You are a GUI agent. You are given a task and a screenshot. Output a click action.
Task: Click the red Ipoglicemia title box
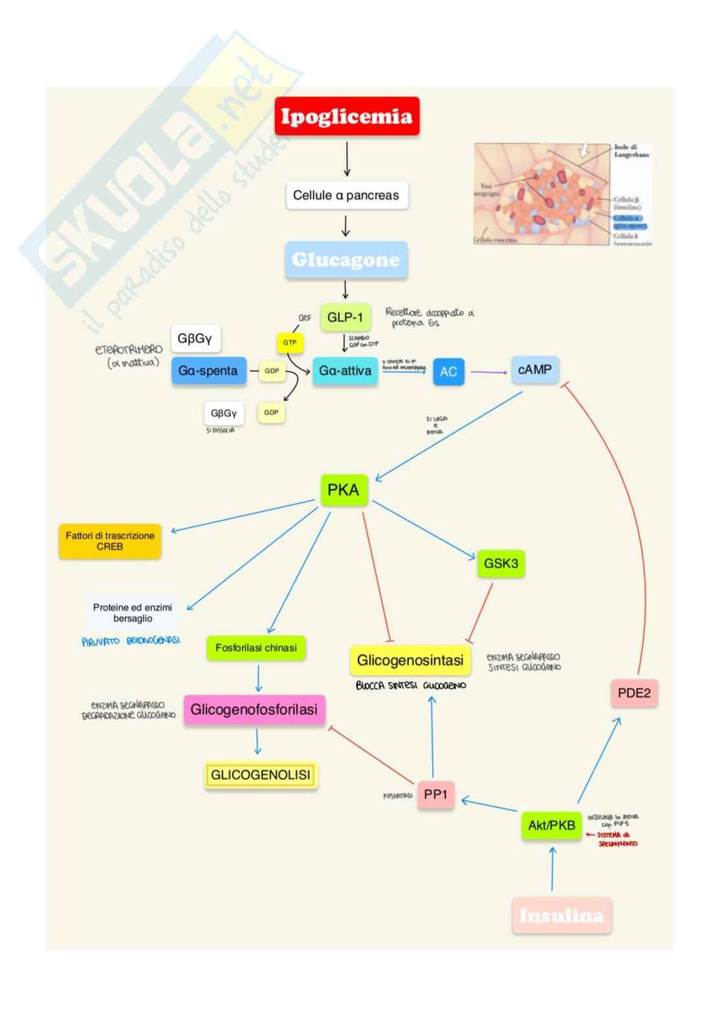click(347, 116)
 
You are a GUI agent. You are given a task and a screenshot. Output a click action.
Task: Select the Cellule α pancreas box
click(347, 195)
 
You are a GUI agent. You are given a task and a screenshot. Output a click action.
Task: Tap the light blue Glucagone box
click(346, 260)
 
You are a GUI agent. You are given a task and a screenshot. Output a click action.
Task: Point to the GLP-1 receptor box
click(345, 317)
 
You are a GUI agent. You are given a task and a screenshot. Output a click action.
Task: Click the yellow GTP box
click(289, 343)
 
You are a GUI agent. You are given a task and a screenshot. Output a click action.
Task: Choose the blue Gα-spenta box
click(208, 371)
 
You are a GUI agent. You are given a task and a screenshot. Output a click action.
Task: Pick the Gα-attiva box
click(345, 371)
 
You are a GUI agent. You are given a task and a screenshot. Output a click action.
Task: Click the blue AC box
click(448, 372)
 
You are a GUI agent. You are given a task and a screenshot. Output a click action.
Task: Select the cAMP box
click(535, 370)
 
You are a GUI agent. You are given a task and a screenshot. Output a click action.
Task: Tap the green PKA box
click(344, 490)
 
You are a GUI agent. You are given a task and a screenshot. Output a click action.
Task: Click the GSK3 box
click(501, 563)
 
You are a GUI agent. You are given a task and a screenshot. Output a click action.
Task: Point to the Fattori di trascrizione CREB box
click(110, 541)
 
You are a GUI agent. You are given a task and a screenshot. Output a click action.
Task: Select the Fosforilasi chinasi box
click(256, 648)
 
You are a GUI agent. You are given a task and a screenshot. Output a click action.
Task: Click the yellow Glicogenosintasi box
click(410, 661)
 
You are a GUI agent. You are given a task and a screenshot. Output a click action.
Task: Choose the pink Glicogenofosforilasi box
click(254, 709)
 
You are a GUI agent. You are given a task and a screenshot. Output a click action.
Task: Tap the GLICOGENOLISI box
click(261, 775)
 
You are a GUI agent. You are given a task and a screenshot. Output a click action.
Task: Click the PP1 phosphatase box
click(435, 795)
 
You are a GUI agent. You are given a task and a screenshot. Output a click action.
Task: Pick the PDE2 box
click(634, 693)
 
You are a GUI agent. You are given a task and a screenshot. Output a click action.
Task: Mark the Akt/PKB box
click(551, 826)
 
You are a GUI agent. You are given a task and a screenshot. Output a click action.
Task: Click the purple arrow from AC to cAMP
click(488, 372)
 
